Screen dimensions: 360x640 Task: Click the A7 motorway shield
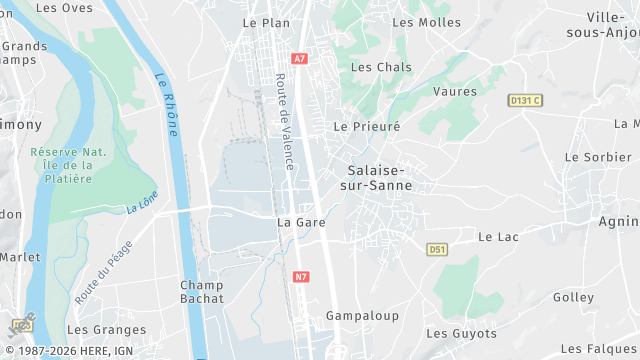pos(300,59)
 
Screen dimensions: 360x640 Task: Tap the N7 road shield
pos(302,276)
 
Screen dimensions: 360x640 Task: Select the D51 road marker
pos(436,249)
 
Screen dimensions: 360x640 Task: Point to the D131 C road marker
pos(525,100)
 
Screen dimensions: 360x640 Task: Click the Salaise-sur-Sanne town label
pos(380,177)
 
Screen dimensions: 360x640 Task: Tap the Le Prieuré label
pos(367,127)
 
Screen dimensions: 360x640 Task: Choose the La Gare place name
pos(301,222)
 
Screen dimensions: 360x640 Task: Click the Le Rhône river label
pos(167,104)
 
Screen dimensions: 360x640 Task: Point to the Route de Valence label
pos(284,122)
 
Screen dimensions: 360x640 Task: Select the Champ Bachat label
pos(202,291)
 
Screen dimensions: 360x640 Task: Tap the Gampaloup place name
pos(362,316)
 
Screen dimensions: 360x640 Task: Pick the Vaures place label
pos(455,91)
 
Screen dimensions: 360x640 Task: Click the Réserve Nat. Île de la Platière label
pos(68,165)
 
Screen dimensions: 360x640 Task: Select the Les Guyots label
pos(461,333)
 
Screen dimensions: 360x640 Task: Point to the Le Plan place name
pos(265,22)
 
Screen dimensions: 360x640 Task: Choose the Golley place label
pos(573,298)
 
